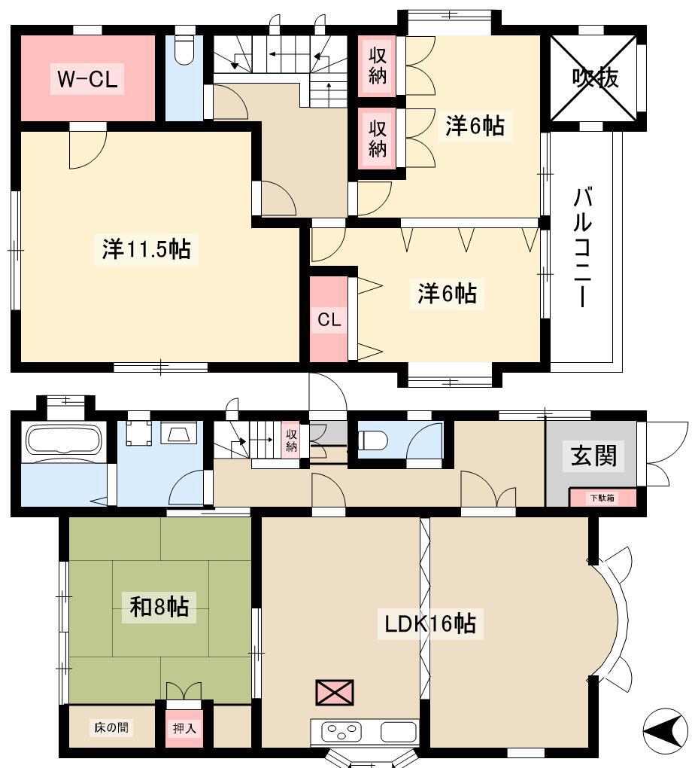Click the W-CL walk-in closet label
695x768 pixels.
[x=87, y=79]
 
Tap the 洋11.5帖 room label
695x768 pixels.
[x=147, y=248]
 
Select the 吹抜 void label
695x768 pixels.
[x=595, y=78]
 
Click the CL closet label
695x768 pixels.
[x=329, y=320]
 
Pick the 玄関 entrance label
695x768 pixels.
[x=593, y=456]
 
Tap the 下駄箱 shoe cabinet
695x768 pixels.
[x=602, y=498]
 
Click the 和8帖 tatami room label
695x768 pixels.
[x=159, y=606]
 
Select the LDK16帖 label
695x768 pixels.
[x=429, y=624]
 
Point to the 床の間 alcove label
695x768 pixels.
[x=111, y=727]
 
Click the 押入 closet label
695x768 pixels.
[x=184, y=728]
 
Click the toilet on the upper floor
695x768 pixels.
[x=184, y=50]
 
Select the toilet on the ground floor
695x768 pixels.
[x=373, y=440]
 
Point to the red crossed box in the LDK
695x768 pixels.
[x=335, y=692]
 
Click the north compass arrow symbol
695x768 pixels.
[x=661, y=732]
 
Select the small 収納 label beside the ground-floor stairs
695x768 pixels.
[x=291, y=440]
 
